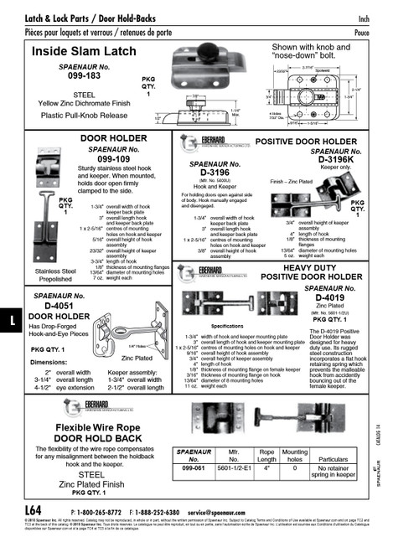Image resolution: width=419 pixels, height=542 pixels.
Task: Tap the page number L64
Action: (33, 510)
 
